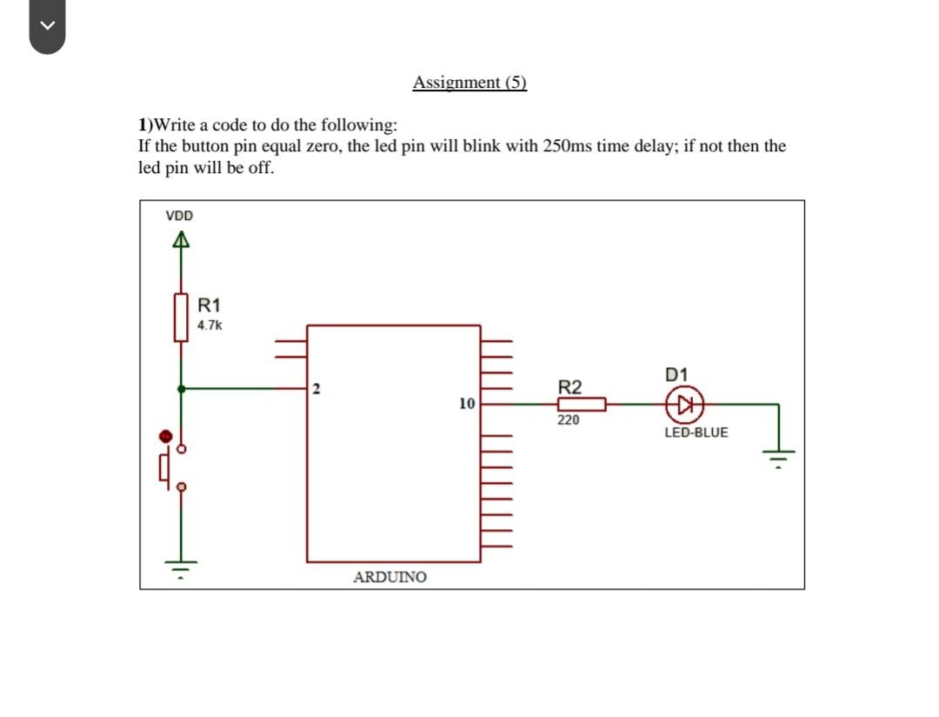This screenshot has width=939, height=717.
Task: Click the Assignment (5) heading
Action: click(x=469, y=83)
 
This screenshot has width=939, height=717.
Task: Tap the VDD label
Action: click(x=180, y=215)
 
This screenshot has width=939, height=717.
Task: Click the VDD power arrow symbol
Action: click(x=181, y=241)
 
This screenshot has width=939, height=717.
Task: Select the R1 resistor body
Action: click(x=181, y=317)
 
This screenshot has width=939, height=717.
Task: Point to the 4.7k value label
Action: click(x=210, y=325)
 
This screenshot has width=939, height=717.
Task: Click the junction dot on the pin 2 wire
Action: click(x=181, y=388)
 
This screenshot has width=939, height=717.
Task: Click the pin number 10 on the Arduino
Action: click(x=467, y=405)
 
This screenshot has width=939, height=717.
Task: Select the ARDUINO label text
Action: click(x=390, y=577)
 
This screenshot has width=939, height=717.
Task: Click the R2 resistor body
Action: click(x=582, y=404)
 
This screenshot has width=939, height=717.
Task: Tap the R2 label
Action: click(x=570, y=386)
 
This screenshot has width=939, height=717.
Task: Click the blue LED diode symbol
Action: click(x=683, y=404)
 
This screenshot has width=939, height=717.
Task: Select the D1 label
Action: click(x=676, y=375)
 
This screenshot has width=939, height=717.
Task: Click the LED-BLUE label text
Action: click(x=696, y=432)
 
